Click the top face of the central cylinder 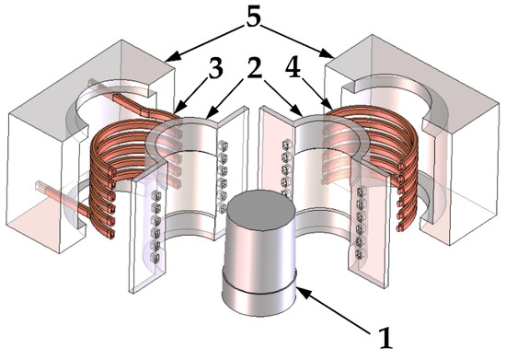(x=259, y=206)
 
